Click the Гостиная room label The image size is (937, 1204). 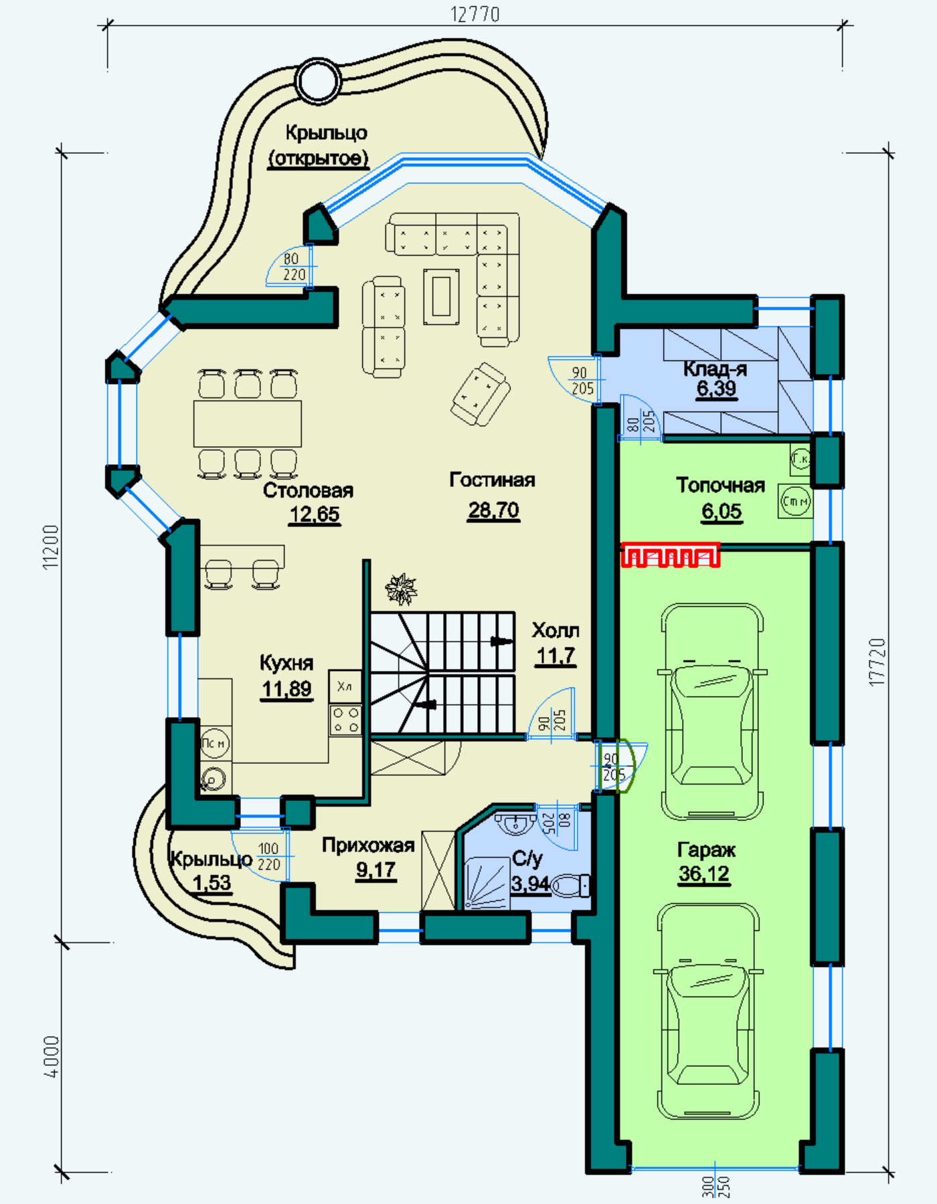492,480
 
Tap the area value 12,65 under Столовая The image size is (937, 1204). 315,514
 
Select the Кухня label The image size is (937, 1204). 286,663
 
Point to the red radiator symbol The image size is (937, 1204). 671,555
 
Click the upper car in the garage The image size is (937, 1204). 712,712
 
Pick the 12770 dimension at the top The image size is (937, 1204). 475,14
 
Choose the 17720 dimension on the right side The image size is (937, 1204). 877,662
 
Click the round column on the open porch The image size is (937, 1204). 318,80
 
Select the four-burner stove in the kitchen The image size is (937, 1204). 345,720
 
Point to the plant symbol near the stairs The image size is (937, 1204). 401,589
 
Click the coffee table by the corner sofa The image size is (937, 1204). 441,296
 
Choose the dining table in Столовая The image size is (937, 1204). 248,423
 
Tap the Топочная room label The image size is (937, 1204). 720,485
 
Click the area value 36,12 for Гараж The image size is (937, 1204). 704,874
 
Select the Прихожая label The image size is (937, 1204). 368,845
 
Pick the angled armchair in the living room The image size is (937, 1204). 481,394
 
